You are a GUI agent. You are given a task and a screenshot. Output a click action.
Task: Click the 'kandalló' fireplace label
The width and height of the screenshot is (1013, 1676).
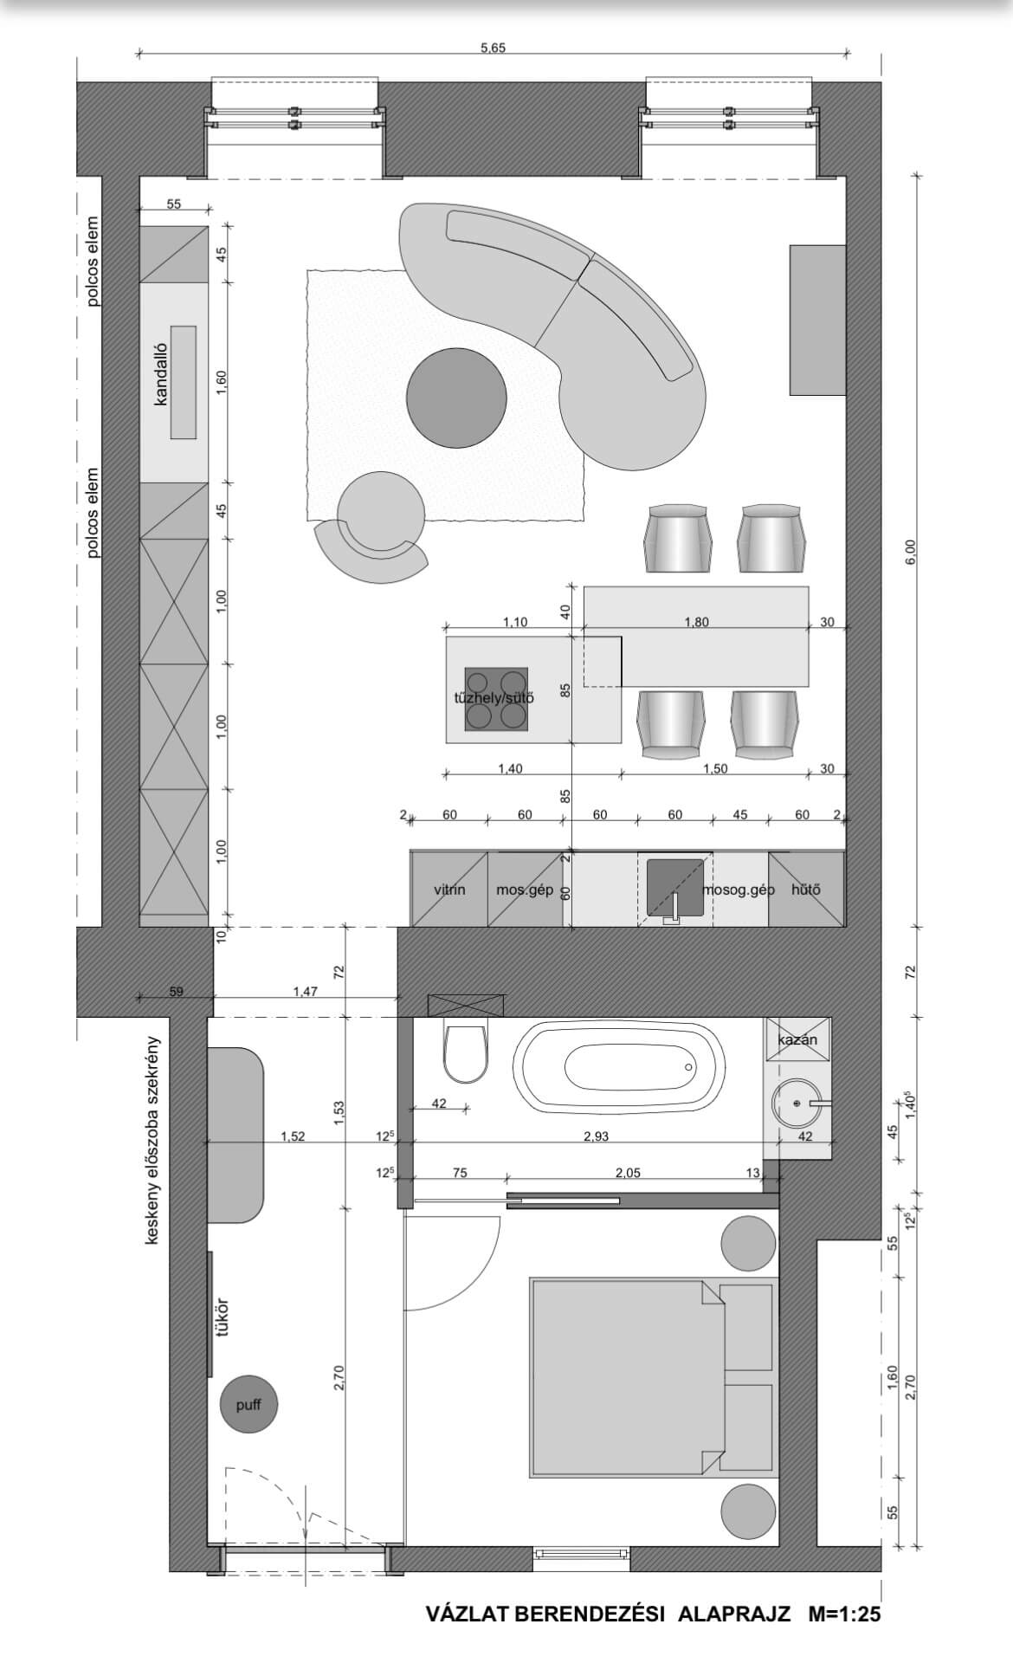click(160, 373)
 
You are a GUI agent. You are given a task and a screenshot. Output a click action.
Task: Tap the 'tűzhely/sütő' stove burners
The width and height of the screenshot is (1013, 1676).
click(496, 699)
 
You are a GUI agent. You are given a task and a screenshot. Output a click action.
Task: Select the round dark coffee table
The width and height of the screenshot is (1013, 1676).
click(456, 398)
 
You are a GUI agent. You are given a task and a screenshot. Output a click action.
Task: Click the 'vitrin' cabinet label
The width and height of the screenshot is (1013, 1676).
click(449, 890)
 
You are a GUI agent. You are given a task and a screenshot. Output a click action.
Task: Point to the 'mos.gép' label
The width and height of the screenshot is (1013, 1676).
click(525, 890)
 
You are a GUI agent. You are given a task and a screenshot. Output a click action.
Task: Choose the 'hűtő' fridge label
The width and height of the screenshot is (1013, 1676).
click(806, 890)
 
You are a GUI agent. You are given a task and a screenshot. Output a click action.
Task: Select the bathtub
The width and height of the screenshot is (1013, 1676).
click(620, 1067)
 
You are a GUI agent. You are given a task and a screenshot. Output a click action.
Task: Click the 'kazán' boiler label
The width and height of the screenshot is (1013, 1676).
click(797, 1039)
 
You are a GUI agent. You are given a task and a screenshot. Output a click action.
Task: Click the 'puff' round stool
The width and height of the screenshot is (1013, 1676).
click(248, 1405)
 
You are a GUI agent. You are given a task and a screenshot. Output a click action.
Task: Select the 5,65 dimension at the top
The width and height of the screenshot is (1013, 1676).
click(493, 48)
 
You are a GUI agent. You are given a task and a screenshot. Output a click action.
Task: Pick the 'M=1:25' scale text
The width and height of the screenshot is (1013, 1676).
click(844, 1614)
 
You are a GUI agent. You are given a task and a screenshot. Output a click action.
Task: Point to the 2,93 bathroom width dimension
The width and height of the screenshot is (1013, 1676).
click(596, 1136)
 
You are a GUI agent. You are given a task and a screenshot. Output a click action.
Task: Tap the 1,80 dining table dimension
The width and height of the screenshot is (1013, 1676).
click(696, 622)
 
